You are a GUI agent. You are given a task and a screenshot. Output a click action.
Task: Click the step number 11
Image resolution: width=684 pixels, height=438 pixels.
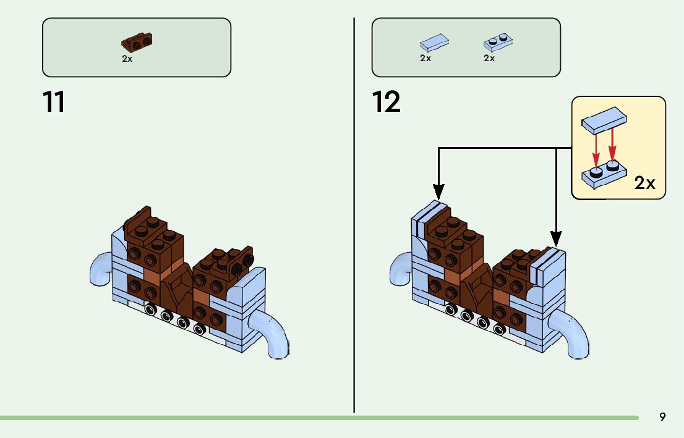coord(54,102)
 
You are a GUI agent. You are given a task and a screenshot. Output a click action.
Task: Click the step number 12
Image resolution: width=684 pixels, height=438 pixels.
coord(386,102)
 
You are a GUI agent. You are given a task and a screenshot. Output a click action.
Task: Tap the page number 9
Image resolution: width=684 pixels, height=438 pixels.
coord(662,417)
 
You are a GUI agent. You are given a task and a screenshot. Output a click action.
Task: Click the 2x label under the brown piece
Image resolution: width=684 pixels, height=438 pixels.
coord(127,59)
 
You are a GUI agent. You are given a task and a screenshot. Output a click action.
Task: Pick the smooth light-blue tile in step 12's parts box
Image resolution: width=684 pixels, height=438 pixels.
coord(435,43)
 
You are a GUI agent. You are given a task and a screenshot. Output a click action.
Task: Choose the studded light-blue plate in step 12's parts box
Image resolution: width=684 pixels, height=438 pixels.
coord(498,42)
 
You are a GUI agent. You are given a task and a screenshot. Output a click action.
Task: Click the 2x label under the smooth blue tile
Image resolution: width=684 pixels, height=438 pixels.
coord(425,58)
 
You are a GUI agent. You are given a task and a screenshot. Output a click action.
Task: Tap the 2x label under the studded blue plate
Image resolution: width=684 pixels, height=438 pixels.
coord(489,58)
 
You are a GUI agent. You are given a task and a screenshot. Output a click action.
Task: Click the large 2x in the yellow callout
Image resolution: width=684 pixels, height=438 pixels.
coord(645,183)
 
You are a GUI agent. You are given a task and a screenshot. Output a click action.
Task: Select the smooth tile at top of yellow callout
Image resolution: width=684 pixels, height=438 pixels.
coord(604,120)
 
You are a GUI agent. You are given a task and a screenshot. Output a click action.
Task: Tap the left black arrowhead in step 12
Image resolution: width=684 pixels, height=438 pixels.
coord(438,192)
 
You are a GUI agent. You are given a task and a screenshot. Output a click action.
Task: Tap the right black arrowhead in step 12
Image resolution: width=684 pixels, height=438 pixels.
coord(556,239)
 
